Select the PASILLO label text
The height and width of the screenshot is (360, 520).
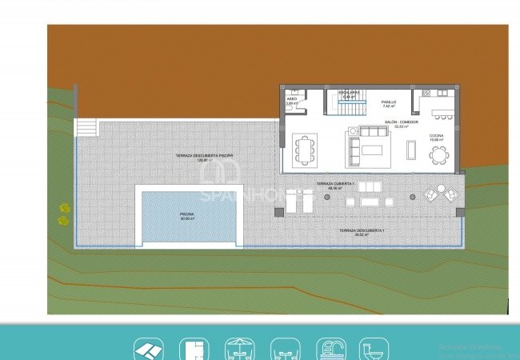click(389, 103)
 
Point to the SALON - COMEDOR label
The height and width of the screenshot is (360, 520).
click(401, 123)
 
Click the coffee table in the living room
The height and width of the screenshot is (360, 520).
click(373, 149)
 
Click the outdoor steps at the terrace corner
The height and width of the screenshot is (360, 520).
click(86, 127)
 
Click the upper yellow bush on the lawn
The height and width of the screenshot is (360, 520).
click(64, 208)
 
